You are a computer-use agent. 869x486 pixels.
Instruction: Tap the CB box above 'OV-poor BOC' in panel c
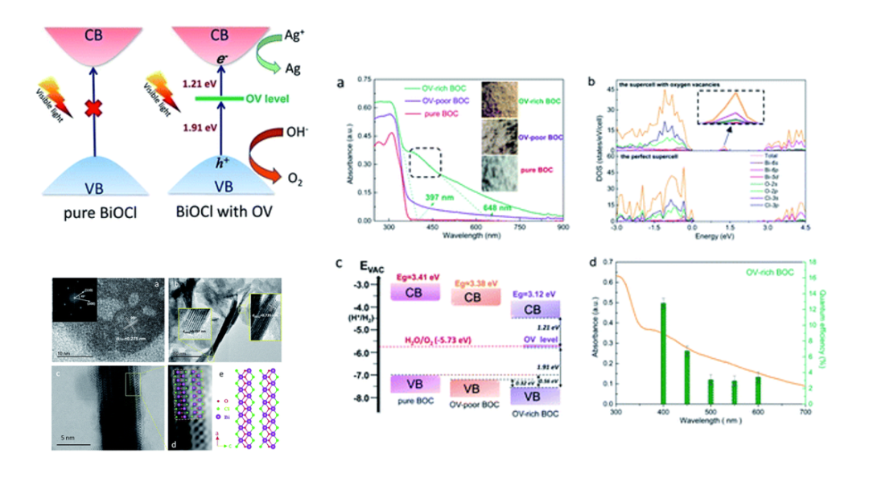[x=475, y=298]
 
